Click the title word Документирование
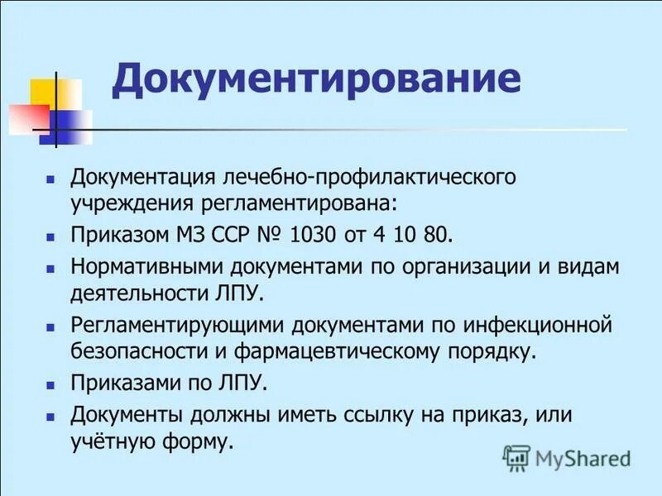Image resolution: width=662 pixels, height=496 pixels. pos(316,79)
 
